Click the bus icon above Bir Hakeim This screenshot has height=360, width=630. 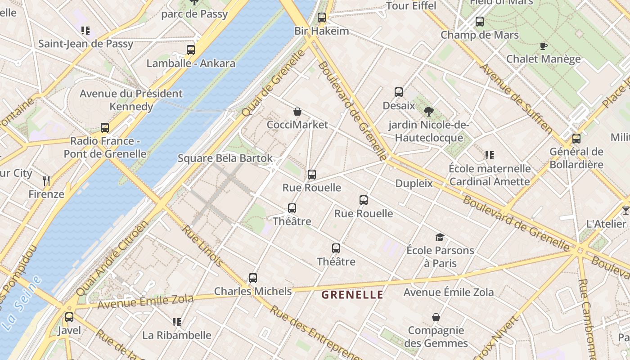(321, 18)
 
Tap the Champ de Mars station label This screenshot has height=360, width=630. (479, 35)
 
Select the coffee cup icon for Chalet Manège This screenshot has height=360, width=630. (544, 46)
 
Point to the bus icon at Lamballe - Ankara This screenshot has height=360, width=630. (191, 50)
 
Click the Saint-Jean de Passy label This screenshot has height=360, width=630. (85, 44)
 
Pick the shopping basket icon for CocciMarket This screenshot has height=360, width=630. (297, 112)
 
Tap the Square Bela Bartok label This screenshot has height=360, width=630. (225, 158)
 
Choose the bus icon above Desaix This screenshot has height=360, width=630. (398, 92)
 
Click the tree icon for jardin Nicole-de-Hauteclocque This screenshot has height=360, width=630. (428, 111)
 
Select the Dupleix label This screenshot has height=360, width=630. (414, 184)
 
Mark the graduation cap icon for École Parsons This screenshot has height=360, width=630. (440, 237)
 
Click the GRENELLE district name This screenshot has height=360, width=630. (352, 295)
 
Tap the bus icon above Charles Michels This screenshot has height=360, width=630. (253, 278)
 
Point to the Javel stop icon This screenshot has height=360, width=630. (69, 317)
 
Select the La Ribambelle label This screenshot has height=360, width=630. (176, 335)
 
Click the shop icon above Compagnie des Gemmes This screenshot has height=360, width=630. (436, 317)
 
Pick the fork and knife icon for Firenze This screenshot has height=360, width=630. (46, 181)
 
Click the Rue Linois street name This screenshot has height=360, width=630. (202, 246)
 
